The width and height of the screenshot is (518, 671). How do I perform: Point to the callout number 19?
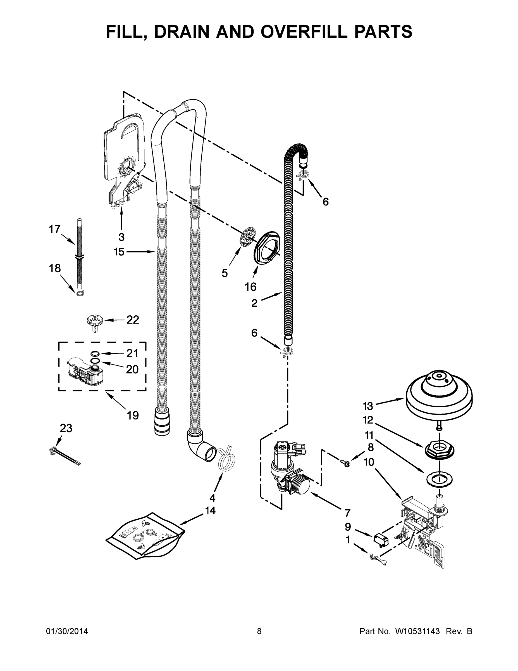133,415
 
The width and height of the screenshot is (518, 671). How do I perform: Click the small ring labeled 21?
95,354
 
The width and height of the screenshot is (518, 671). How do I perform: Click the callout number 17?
55,229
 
